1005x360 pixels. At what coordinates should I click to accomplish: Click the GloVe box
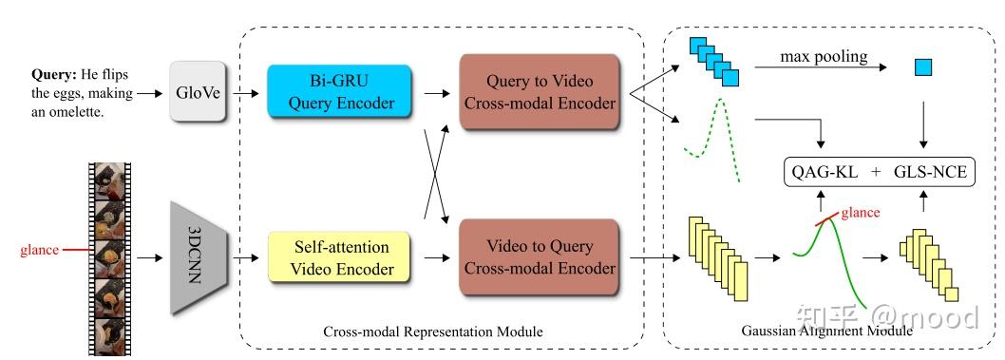(x=196, y=92)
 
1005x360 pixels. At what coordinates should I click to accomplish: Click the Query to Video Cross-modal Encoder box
(x=539, y=92)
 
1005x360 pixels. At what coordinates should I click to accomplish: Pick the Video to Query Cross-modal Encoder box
(x=539, y=256)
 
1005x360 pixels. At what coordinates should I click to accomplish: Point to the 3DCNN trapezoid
(x=200, y=256)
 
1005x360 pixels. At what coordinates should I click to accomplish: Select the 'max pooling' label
(x=823, y=57)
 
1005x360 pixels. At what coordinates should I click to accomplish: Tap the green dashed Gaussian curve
(x=711, y=134)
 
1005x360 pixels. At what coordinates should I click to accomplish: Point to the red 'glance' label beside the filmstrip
(x=39, y=250)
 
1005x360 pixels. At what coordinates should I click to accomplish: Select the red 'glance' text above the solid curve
(x=860, y=212)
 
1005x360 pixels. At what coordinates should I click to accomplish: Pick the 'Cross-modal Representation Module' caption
(x=433, y=332)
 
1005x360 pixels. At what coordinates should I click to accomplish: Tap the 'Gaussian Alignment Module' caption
(x=826, y=332)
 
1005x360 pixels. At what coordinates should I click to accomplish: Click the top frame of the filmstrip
(x=109, y=181)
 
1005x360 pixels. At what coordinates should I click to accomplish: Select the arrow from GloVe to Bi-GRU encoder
(x=247, y=93)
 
